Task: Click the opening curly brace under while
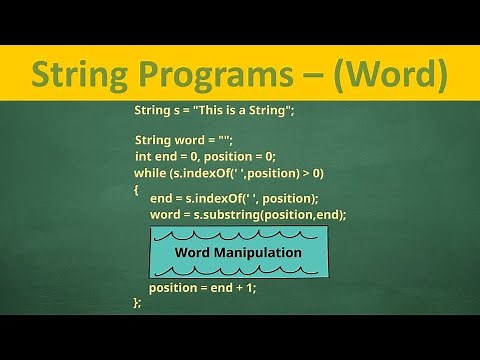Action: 136,188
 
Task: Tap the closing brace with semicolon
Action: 137,301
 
